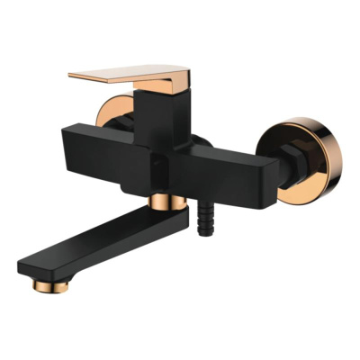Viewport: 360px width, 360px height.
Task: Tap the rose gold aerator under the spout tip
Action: click(41, 284)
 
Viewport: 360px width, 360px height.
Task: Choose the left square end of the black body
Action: click(73, 158)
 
